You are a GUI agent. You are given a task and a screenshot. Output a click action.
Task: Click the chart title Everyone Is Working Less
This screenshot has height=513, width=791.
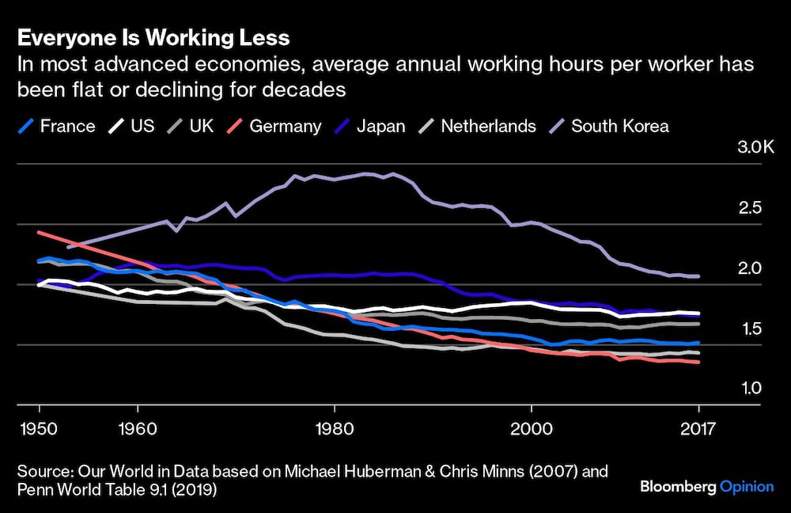point(153,38)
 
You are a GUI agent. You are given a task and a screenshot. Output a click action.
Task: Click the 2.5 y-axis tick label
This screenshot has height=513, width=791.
point(748,208)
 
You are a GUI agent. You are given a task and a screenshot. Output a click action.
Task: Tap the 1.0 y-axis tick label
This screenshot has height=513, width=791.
point(748,389)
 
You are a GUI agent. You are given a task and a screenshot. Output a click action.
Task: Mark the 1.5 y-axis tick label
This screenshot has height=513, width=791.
point(748,329)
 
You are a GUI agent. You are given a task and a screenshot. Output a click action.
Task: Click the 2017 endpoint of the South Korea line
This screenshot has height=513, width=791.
point(698,276)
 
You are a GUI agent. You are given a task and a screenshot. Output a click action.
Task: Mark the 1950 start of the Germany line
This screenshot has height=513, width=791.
point(40,233)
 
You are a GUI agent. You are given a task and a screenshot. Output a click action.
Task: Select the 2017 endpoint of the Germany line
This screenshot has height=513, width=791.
point(698,363)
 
